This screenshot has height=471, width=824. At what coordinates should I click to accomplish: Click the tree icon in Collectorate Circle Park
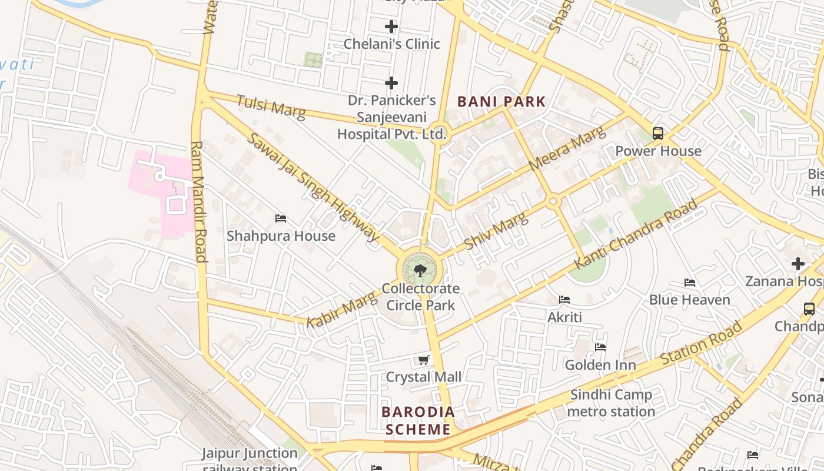pos(420,271)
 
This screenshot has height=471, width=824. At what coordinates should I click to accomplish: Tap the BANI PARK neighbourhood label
pos(501,101)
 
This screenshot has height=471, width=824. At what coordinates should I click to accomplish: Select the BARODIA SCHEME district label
pos(418,420)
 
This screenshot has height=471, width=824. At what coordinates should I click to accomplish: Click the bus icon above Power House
pos(658,134)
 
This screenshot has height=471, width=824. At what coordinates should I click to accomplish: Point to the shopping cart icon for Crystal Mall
pos(423,360)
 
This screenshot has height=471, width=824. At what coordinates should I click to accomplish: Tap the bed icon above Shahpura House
pos(281,218)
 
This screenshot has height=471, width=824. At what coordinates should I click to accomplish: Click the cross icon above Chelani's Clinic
pos(391,26)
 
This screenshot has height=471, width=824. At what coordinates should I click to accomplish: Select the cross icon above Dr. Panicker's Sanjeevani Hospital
pos(391,83)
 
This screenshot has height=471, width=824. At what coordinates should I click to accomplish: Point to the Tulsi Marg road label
pos(271,107)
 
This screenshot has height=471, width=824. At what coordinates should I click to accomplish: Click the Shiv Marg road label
pos(496,231)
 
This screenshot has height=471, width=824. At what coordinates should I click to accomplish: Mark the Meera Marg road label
pos(566,149)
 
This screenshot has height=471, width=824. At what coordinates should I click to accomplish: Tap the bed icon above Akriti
pos(564,300)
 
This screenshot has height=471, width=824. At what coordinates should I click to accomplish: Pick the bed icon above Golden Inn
pos(600,347)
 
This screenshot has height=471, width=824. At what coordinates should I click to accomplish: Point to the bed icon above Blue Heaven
pos(690,283)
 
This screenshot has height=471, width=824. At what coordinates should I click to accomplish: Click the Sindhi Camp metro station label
pos(611,403)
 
